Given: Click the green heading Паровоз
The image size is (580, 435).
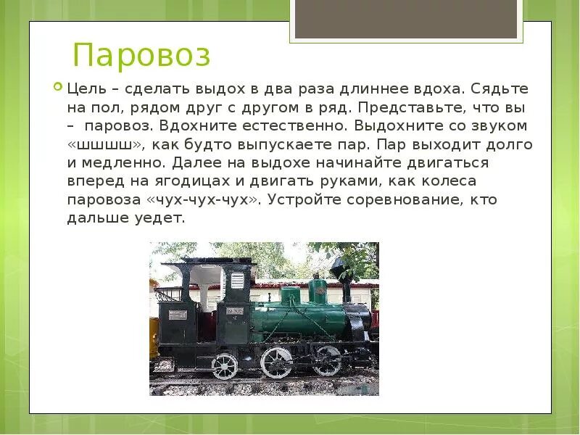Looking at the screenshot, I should (x=141, y=56).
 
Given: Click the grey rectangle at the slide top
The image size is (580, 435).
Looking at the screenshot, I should (x=406, y=19).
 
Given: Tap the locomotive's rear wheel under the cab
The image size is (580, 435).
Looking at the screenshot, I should (x=225, y=365).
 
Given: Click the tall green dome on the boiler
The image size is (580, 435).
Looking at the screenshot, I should (x=317, y=289).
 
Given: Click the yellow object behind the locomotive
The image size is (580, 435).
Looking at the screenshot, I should (x=154, y=337).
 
